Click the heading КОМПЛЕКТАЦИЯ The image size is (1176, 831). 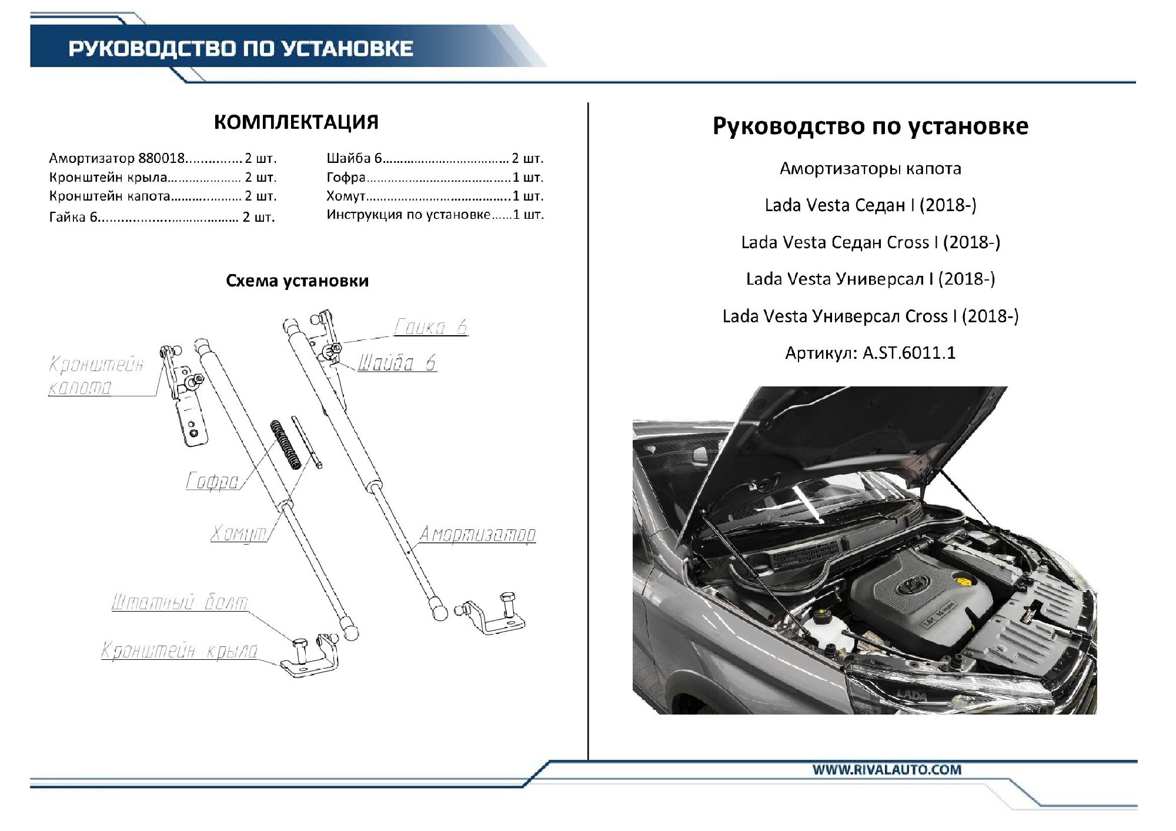click(x=296, y=122)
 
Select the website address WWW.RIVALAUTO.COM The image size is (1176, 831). click(x=887, y=770)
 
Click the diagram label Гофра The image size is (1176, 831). click(x=212, y=481)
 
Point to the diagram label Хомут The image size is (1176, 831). click(x=239, y=533)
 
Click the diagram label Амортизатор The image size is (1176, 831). click(x=477, y=534)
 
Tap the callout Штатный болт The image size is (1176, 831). click(x=180, y=602)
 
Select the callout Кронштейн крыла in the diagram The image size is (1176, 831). click(x=179, y=650)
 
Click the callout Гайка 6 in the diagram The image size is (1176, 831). click(x=430, y=326)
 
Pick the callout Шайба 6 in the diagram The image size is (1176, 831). click(x=397, y=363)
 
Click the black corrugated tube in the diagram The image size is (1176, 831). click(x=286, y=445)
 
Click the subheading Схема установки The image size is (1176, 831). click(x=297, y=281)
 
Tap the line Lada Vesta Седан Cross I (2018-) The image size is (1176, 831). click(x=870, y=242)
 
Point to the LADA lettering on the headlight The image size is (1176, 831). click(x=911, y=696)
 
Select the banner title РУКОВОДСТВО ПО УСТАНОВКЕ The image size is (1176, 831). click(x=241, y=48)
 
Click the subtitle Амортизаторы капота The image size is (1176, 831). click(x=870, y=169)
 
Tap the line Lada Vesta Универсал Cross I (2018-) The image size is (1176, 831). click(x=870, y=316)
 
